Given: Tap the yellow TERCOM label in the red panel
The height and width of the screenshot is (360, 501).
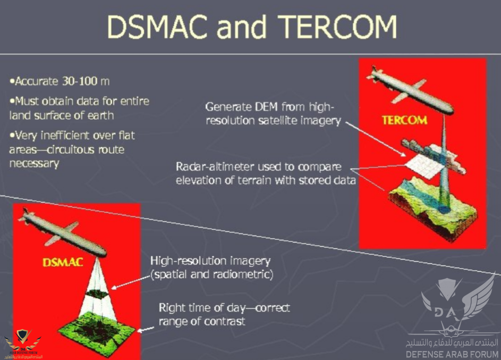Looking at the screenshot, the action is point(404,120).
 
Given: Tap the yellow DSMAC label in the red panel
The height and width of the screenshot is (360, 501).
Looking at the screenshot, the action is point(63,263).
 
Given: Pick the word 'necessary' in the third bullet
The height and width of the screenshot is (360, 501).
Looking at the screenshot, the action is point(34,164).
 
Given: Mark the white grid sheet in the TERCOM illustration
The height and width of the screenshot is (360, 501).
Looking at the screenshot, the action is point(425,165).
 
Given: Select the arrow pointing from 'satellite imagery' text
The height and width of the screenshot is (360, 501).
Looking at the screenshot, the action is point(376,139).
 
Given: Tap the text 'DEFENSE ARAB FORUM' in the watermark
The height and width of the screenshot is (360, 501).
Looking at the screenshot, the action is point(452,354).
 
